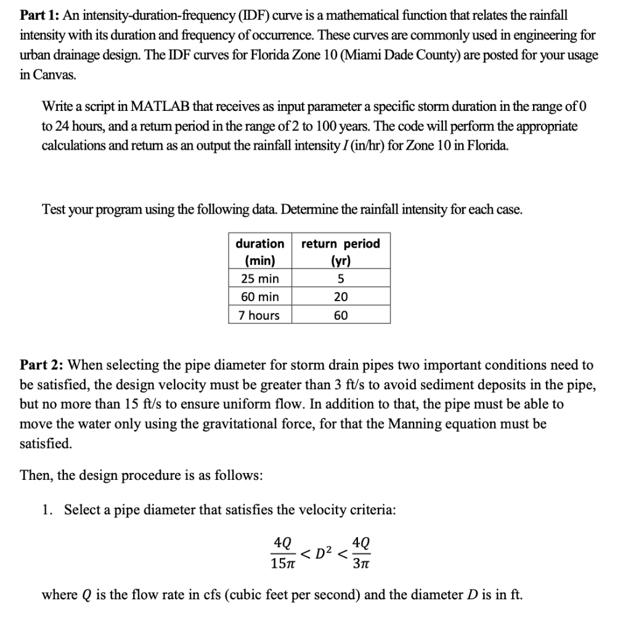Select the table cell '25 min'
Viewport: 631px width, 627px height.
[x=259, y=278]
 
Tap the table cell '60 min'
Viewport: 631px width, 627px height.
[x=259, y=297]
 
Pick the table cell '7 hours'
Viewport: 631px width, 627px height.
[x=259, y=315]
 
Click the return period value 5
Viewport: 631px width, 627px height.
[x=341, y=278]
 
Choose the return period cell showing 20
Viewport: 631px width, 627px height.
[x=341, y=297]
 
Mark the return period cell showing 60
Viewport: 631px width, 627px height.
[x=341, y=315]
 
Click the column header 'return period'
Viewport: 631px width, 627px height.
[x=341, y=243]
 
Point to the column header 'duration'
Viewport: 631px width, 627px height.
[x=259, y=243]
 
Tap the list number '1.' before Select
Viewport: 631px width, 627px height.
[x=47, y=510]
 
